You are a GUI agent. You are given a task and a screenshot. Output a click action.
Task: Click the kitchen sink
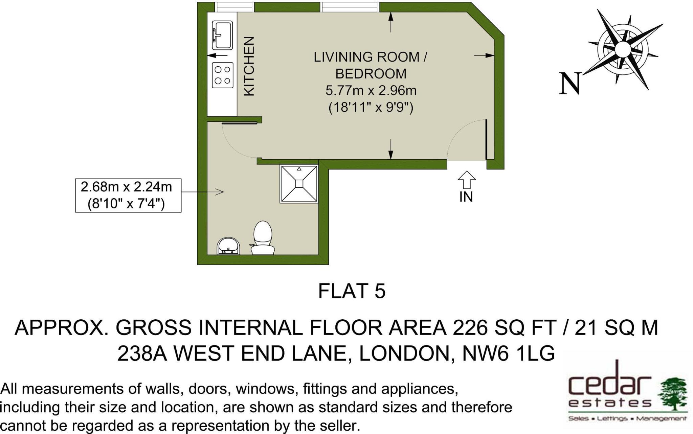coord(222,35)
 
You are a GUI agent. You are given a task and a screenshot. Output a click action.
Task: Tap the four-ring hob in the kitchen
coord(223,75)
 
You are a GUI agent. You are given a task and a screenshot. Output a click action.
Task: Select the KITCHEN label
coord(249,66)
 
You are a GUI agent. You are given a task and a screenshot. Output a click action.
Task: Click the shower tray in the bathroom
coord(299,184)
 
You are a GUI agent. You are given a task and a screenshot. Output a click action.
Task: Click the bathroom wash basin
coord(229,246)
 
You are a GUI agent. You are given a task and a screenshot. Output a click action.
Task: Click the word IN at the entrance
coord(466,197)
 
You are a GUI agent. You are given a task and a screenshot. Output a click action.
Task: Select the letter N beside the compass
coord(570,84)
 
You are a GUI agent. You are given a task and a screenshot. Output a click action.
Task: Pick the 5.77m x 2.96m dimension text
coord(371,91)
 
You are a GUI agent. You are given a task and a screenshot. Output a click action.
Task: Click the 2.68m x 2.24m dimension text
coord(126,187)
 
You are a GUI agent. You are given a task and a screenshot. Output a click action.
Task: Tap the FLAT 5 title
coord(352,291)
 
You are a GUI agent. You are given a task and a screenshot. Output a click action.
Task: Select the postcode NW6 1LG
coord(509,353)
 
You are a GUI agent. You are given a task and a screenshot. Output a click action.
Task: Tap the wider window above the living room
coord(350,7)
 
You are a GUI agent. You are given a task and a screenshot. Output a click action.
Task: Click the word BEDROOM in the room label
coord(371,74)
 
